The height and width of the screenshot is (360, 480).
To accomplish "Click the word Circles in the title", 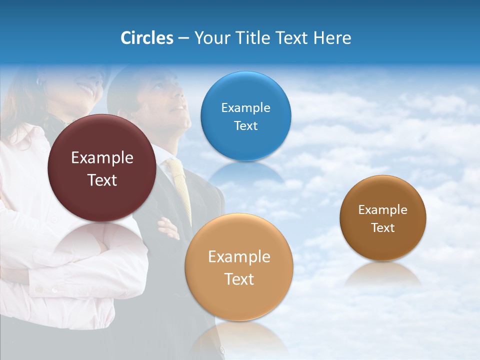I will point(146,38).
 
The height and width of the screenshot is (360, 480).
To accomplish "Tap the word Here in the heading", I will point(332,38).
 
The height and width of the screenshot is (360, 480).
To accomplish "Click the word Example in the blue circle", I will point(245,107).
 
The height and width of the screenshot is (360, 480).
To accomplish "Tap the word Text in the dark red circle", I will point(102,180).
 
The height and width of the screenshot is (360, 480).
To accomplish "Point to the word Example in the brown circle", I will point(382,210).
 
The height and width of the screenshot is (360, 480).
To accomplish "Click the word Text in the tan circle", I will point(239,279).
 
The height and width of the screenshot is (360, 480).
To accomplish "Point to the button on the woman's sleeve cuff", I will point(54,289).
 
